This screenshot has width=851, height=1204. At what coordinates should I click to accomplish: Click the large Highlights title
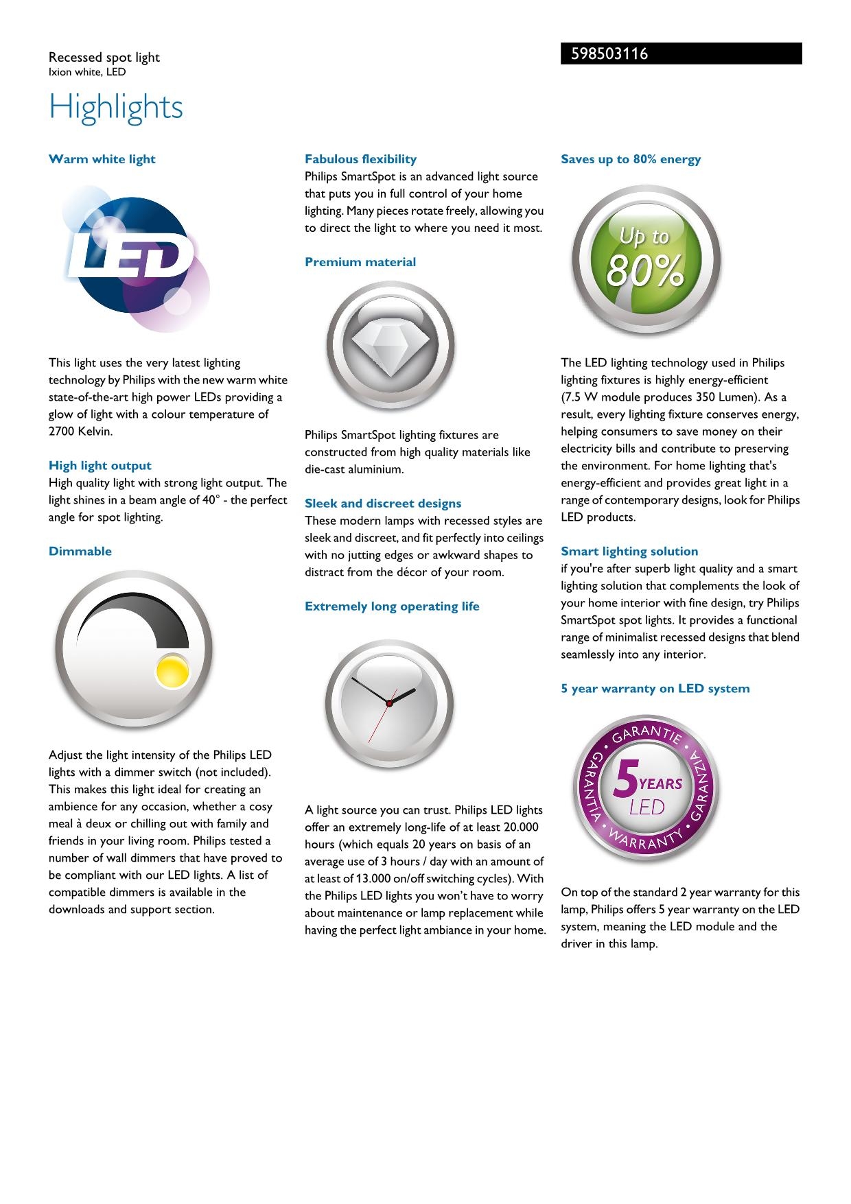(x=116, y=108)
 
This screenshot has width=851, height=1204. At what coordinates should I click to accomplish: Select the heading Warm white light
(x=102, y=159)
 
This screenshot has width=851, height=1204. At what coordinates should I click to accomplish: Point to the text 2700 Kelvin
(x=80, y=432)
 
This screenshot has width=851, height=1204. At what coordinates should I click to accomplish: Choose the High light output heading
(x=100, y=466)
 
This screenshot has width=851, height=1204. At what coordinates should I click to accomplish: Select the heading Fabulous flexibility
(x=360, y=159)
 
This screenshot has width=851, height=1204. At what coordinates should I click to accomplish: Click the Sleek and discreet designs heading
(x=383, y=504)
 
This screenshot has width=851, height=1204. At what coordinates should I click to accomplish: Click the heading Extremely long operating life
(x=392, y=606)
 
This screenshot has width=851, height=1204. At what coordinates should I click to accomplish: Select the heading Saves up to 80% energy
(x=631, y=159)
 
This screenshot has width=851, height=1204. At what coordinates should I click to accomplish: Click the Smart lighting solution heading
(x=629, y=552)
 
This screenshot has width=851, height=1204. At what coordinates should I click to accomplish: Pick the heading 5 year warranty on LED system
(x=655, y=689)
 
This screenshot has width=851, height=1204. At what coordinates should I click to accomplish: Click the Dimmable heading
(x=80, y=552)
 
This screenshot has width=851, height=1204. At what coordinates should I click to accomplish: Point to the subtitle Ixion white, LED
(x=87, y=72)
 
